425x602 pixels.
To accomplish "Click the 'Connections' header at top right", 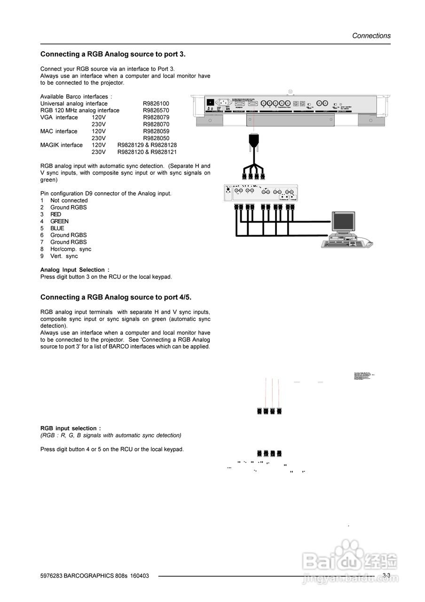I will click(371, 36).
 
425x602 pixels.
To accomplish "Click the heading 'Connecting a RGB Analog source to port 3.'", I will click(113, 55).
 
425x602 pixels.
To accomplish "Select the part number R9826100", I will click(156, 103).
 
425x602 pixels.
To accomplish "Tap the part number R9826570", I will click(156, 111).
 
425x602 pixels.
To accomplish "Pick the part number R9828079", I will click(156, 118).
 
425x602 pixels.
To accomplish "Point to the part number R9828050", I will click(156, 138).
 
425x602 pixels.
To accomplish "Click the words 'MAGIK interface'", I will click(61, 145).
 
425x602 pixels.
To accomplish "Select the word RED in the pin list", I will click(56, 214).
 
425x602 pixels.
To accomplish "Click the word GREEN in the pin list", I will click(59, 222).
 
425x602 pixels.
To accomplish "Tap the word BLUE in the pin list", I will click(57, 229).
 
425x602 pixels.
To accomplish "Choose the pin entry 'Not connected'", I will click(69, 201).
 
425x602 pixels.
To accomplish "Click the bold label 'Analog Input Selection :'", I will click(75, 270).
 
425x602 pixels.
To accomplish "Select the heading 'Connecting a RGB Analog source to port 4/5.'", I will click(116, 297).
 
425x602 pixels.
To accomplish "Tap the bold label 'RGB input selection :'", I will click(71, 428).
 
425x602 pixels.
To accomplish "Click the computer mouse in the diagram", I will click(369, 244).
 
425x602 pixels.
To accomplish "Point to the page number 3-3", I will click(386, 576).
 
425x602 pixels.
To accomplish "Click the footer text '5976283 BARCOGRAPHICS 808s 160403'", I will click(94, 576).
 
